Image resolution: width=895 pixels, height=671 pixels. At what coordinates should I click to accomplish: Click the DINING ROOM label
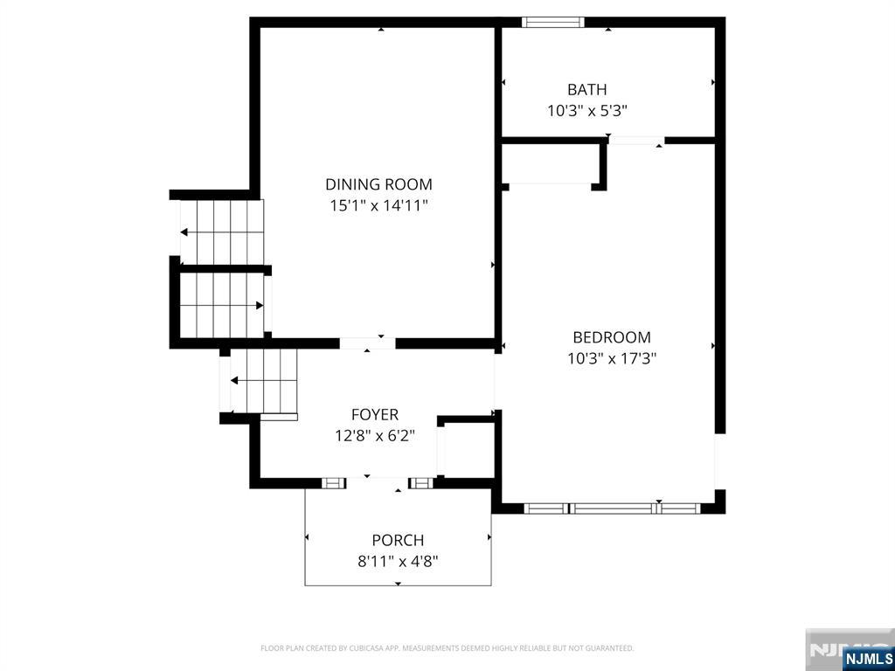tap(378, 184)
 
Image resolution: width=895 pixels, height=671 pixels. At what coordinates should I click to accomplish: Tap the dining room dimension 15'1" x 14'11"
tap(378, 206)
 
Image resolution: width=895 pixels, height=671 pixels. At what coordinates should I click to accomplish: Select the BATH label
tap(586, 89)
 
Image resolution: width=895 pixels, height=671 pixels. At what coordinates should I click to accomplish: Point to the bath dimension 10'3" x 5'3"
tap(586, 111)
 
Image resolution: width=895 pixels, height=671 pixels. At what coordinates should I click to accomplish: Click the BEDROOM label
tap(611, 337)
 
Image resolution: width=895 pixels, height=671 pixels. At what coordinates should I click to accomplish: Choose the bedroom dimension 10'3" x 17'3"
tap(611, 358)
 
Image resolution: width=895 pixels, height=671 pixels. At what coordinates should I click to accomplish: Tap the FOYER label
tap(374, 415)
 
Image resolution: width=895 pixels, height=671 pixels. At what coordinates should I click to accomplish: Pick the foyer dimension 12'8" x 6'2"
tap(374, 436)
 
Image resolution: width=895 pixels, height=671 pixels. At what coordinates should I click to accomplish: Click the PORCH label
tap(398, 541)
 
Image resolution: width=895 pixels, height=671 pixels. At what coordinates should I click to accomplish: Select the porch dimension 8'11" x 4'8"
tap(398, 562)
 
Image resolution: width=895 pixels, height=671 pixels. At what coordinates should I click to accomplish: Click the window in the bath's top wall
tap(553, 22)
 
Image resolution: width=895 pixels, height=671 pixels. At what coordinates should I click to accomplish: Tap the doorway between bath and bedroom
tap(635, 140)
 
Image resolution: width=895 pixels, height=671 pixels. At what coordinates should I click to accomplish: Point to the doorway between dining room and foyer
tap(367, 343)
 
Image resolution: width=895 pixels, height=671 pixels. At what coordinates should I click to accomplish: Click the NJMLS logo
tap(868, 658)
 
